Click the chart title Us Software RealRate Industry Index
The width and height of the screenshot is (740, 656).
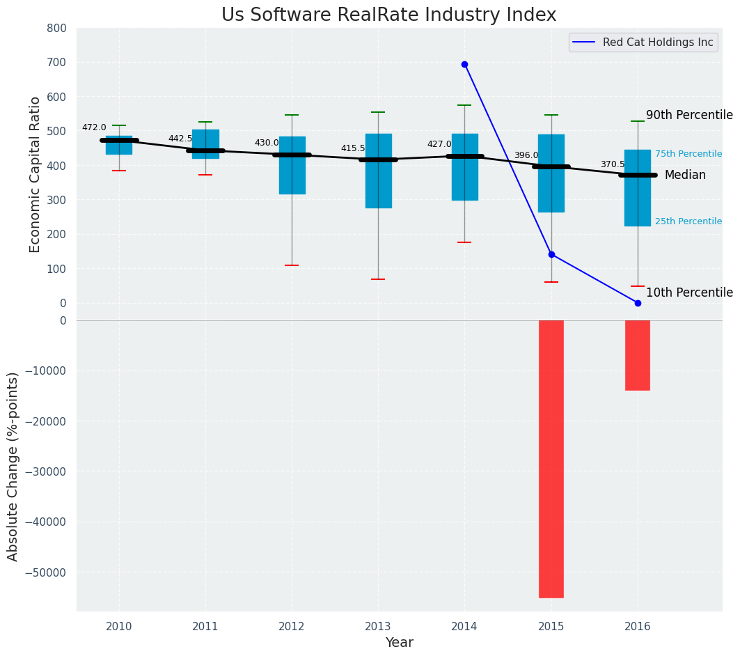388,15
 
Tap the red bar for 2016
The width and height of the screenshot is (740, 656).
638,355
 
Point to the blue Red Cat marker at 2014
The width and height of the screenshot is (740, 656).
464,64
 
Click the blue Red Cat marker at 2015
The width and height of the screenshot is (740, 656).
551,254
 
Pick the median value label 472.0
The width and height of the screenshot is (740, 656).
94,127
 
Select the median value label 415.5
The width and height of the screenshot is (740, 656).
353,148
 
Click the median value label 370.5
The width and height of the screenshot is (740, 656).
613,164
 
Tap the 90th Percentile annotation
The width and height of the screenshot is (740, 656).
689,115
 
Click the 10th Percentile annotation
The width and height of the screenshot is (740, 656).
689,292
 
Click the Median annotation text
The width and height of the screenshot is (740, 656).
685,175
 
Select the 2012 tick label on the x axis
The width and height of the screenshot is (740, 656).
292,626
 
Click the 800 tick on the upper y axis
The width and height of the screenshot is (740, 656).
56,28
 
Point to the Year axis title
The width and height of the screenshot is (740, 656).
400,643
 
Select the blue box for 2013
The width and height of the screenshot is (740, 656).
379,171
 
